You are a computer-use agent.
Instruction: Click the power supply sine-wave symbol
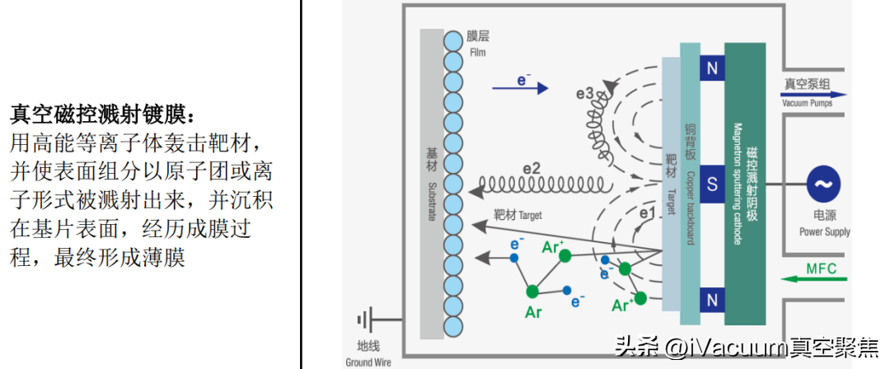(x=823, y=184)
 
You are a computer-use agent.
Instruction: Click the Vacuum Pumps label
(x=807, y=103)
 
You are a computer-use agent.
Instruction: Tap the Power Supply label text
(x=824, y=232)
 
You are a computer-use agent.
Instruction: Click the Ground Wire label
(x=368, y=362)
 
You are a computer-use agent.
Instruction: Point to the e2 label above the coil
(x=531, y=167)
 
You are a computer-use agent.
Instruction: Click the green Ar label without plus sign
(x=534, y=312)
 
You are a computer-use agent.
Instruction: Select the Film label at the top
(x=478, y=52)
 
